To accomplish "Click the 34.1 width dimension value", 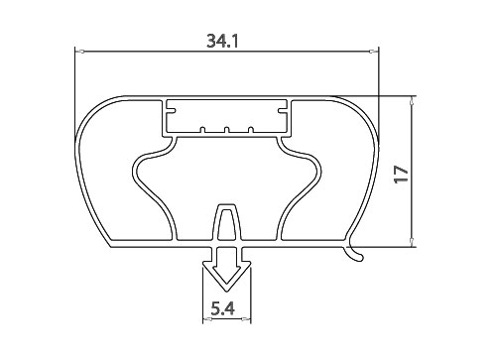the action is point(222,41).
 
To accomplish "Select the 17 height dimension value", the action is point(402,174).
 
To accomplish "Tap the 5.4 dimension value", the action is point(223,309).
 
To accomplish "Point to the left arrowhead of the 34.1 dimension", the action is point(79,52).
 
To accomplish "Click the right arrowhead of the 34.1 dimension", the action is point(374,52).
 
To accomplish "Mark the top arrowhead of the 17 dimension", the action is point(412,100).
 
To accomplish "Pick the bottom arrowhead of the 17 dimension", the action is point(412,242).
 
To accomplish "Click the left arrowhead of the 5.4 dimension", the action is point(207,319).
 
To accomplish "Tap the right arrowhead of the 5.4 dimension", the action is point(246,319).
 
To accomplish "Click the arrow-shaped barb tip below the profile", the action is point(227,291).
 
